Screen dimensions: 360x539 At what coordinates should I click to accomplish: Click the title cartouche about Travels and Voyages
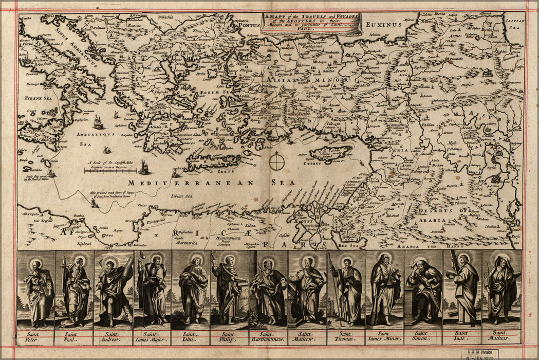(311, 24)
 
